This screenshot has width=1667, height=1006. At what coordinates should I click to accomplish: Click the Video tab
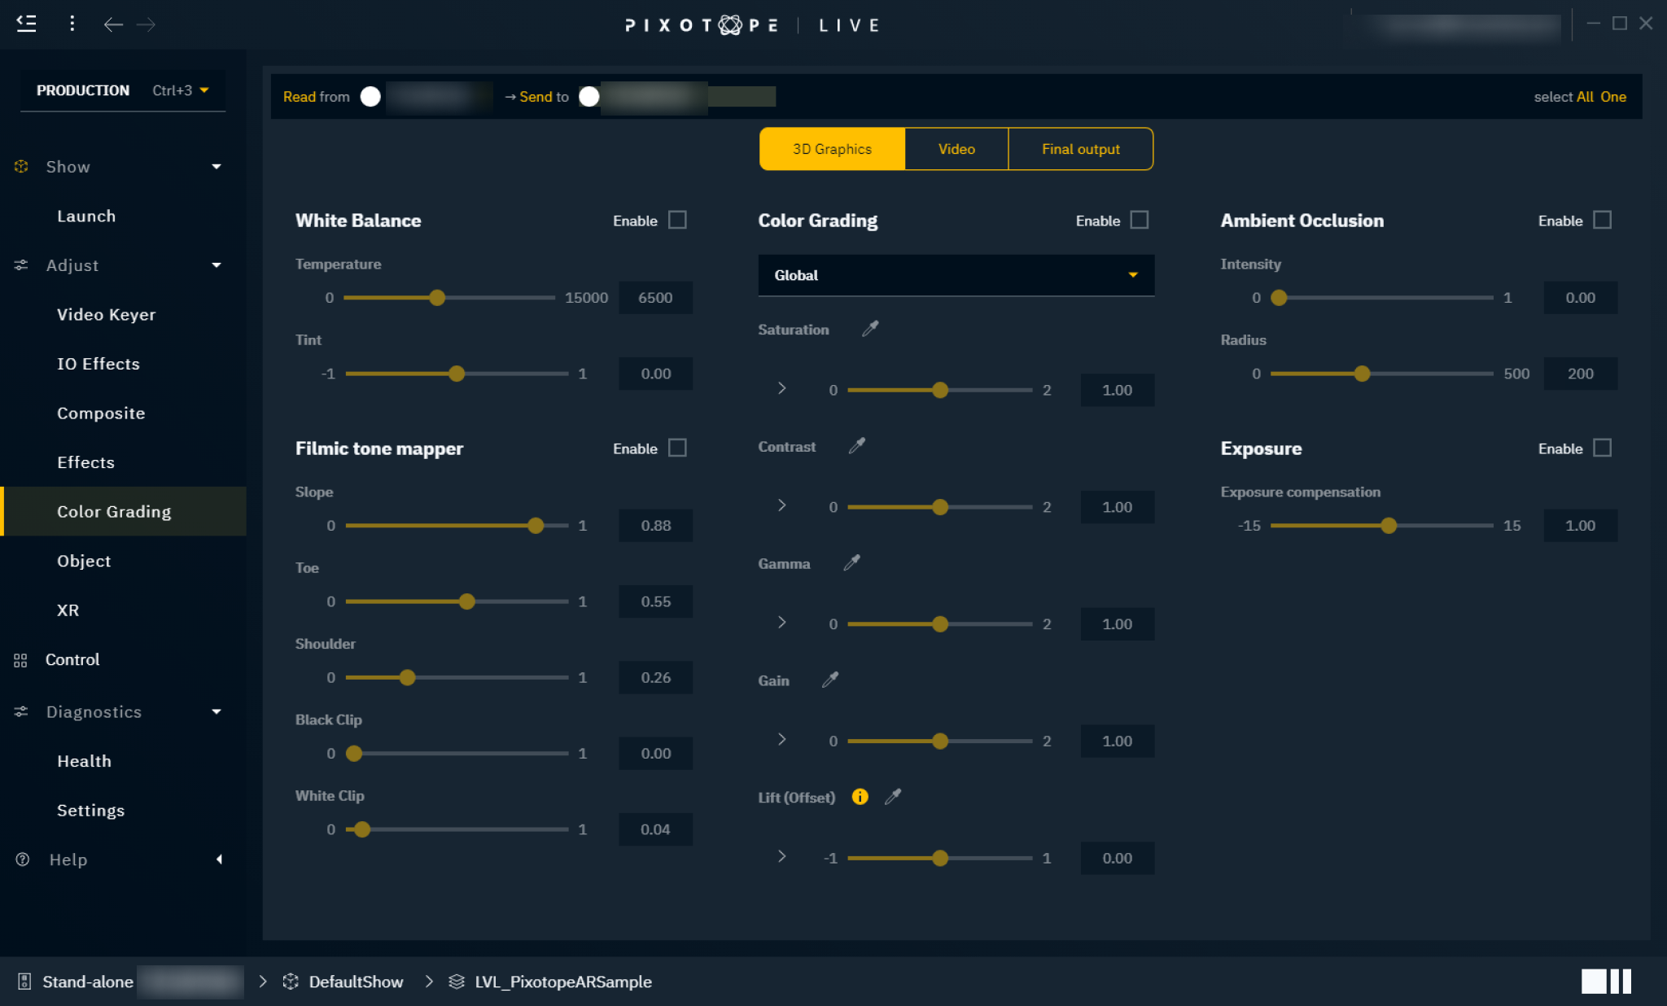956,149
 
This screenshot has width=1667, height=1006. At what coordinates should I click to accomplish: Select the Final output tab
1080,149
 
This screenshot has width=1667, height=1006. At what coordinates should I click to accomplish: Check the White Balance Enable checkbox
677,220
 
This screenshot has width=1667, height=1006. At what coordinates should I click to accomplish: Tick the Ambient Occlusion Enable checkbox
1602,220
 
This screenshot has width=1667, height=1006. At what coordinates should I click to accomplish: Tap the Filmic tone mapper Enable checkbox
677,448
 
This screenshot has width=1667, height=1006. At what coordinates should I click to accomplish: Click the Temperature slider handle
437,298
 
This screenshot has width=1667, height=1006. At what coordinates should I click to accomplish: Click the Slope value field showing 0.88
655,526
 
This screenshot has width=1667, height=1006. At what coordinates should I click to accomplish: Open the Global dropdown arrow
1132,275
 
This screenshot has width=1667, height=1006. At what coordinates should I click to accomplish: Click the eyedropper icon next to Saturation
870,329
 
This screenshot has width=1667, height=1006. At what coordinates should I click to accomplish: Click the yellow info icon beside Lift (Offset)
860,797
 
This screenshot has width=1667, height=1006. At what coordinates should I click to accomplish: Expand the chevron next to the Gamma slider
781,623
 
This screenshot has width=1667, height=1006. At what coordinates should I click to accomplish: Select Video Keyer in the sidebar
106,315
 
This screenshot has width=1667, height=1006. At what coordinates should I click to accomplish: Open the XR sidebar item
68,610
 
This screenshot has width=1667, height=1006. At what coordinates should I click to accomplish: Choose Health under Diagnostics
84,761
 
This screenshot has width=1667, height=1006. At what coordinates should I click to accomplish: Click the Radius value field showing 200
1580,374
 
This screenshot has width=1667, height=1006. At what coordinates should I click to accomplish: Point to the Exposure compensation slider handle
1389,526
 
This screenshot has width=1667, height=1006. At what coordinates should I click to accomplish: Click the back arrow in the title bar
113,24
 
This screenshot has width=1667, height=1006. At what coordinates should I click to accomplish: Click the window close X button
1645,24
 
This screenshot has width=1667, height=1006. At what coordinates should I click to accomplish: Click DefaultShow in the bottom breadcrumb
356,982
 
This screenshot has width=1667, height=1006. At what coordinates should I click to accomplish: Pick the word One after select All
1612,97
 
